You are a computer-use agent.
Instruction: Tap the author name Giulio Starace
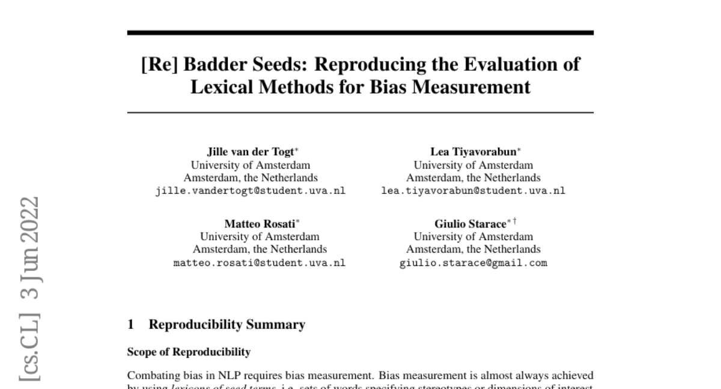point(470,223)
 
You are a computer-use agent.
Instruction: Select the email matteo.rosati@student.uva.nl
point(259,263)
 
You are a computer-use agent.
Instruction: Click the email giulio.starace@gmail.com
point(473,263)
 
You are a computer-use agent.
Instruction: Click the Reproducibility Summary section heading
point(227,325)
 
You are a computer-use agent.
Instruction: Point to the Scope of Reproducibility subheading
point(189,352)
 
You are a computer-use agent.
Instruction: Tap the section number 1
point(130,325)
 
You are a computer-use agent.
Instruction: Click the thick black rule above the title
point(360,32)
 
